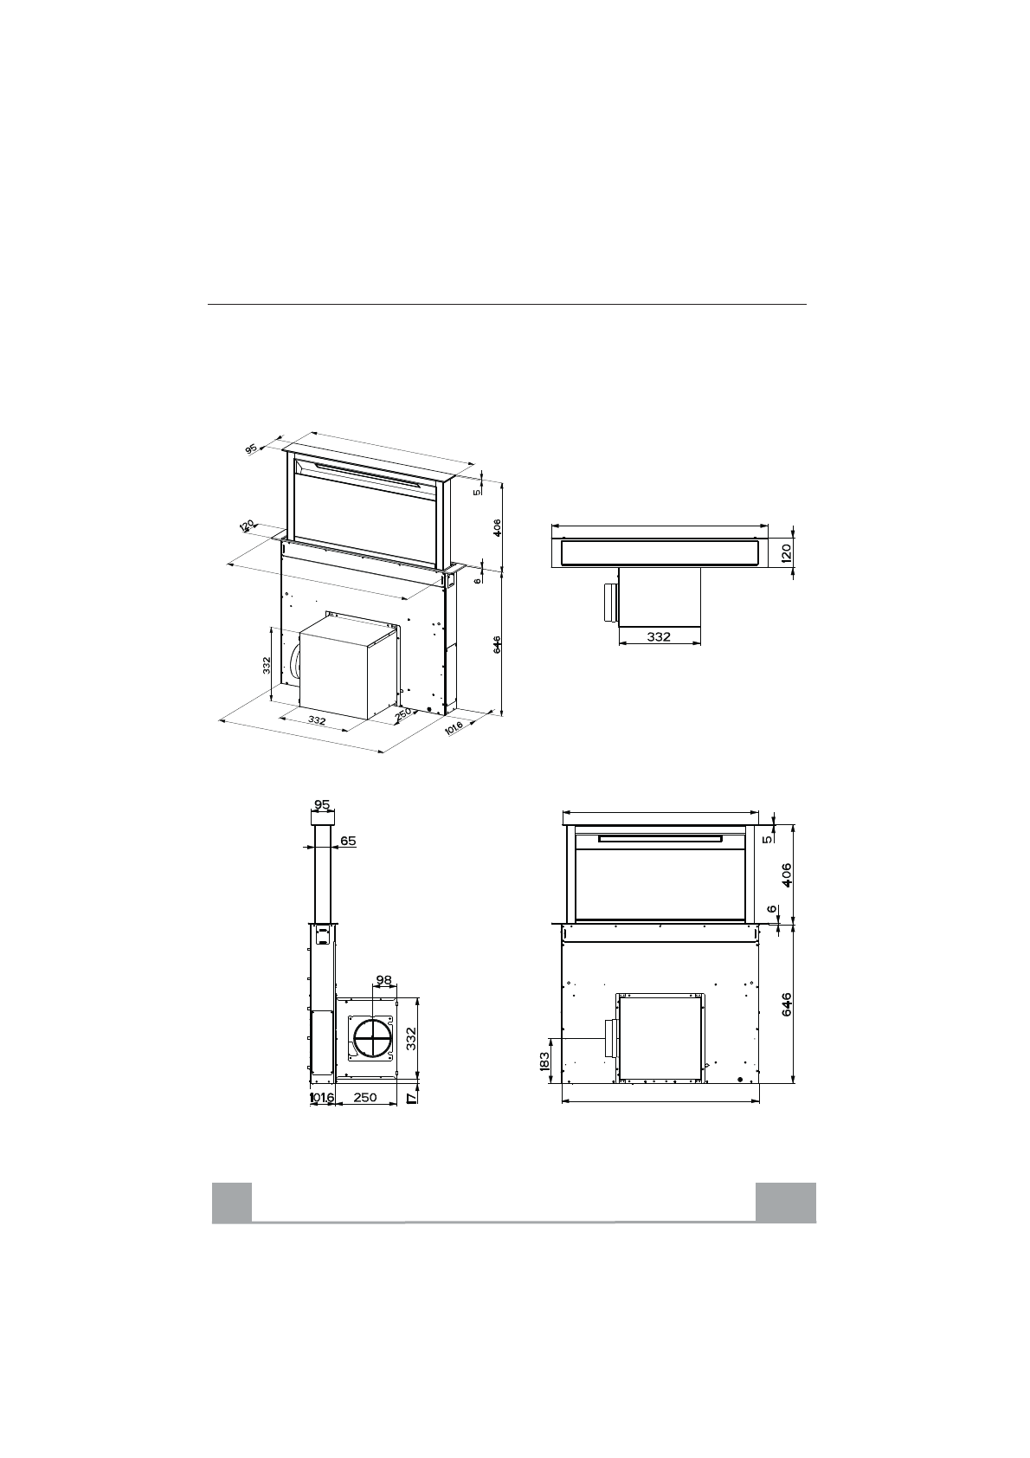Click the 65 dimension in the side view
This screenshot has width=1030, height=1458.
[348, 841]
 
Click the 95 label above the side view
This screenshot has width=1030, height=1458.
[322, 805]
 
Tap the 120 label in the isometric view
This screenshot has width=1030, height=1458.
[248, 526]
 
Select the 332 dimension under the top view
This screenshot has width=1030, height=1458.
[659, 636]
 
